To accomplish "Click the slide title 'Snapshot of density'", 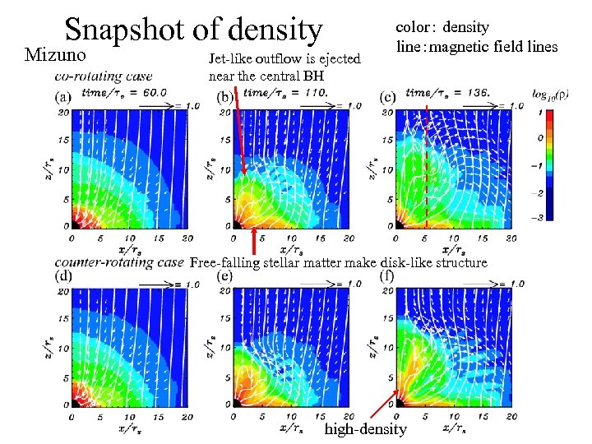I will (x=193, y=29).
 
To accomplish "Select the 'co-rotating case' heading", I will (x=104, y=76).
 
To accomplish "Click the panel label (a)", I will (x=63, y=95).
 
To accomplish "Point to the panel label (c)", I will (x=388, y=96).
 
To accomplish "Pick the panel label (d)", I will (x=62, y=275).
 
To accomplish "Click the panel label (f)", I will (x=388, y=275).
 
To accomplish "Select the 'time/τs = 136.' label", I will (x=450, y=92).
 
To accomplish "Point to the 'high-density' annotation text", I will (x=366, y=429).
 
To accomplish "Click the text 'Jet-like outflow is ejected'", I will (x=285, y=59).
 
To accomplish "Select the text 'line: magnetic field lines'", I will (x=477, y=46).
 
